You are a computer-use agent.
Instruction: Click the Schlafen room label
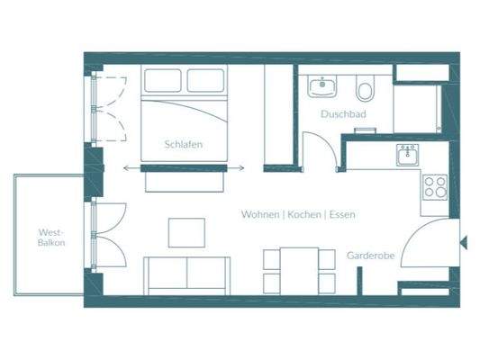click(182, 144)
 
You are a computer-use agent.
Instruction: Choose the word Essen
click(343, 214)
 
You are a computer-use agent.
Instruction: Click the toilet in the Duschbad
click(365, 90)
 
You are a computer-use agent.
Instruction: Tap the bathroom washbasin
click(322, 87)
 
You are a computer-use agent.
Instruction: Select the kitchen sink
click(407, 155)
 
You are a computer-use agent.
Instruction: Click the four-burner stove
click(435, 187)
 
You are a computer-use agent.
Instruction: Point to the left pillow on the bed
click(162, 82)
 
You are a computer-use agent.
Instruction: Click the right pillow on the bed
click(207, 82)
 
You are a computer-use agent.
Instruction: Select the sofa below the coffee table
click(186, 274)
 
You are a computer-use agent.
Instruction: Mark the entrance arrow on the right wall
click(463, 242)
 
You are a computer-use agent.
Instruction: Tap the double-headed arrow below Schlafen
click(183, 167)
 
